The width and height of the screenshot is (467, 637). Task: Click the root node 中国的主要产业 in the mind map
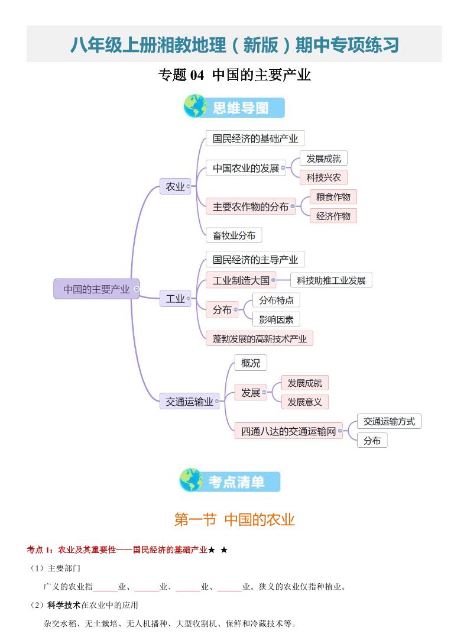96,289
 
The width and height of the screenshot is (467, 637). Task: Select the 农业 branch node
175,186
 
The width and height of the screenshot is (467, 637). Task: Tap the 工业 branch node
175,299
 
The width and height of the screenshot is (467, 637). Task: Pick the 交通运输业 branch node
189,402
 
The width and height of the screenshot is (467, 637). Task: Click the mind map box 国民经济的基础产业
255,138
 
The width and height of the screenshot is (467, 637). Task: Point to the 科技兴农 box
323,177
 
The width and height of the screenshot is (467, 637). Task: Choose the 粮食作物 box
333,197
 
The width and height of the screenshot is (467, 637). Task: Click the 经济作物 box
333,216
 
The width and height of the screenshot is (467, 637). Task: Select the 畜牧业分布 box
234,235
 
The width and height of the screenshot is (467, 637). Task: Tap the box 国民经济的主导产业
255,259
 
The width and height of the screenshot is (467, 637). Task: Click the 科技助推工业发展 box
331,280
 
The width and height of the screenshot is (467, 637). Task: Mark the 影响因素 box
275,319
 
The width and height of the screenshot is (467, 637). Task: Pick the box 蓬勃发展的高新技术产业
260,339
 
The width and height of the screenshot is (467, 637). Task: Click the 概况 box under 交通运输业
251,363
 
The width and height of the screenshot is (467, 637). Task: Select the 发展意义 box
304,402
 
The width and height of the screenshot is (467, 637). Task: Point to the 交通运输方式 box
389,421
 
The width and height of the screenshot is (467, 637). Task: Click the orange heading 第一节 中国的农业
234,519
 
